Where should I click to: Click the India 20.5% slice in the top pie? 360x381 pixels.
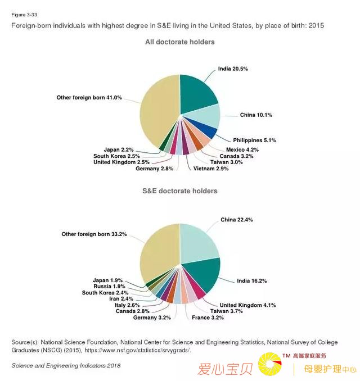coord(196,93)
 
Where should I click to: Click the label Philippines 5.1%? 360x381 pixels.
coord(255,140)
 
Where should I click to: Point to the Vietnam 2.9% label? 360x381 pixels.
coord(211,169)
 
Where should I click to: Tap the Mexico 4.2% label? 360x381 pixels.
coord(242,149)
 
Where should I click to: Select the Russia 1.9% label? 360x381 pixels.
coord(109,287)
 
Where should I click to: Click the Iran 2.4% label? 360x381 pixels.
coord(121,299)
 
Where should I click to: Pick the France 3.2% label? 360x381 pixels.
coord(208,317)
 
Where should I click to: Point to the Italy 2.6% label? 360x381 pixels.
coord(127,305)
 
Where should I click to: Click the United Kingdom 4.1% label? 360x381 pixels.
coord(247,305)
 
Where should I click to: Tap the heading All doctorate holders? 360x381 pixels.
coord(180,42)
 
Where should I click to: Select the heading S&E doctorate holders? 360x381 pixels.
coord(180,191)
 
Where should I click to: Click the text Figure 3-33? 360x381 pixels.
coord(24,15)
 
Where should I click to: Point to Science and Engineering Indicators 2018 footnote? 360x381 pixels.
coord(66,366)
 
